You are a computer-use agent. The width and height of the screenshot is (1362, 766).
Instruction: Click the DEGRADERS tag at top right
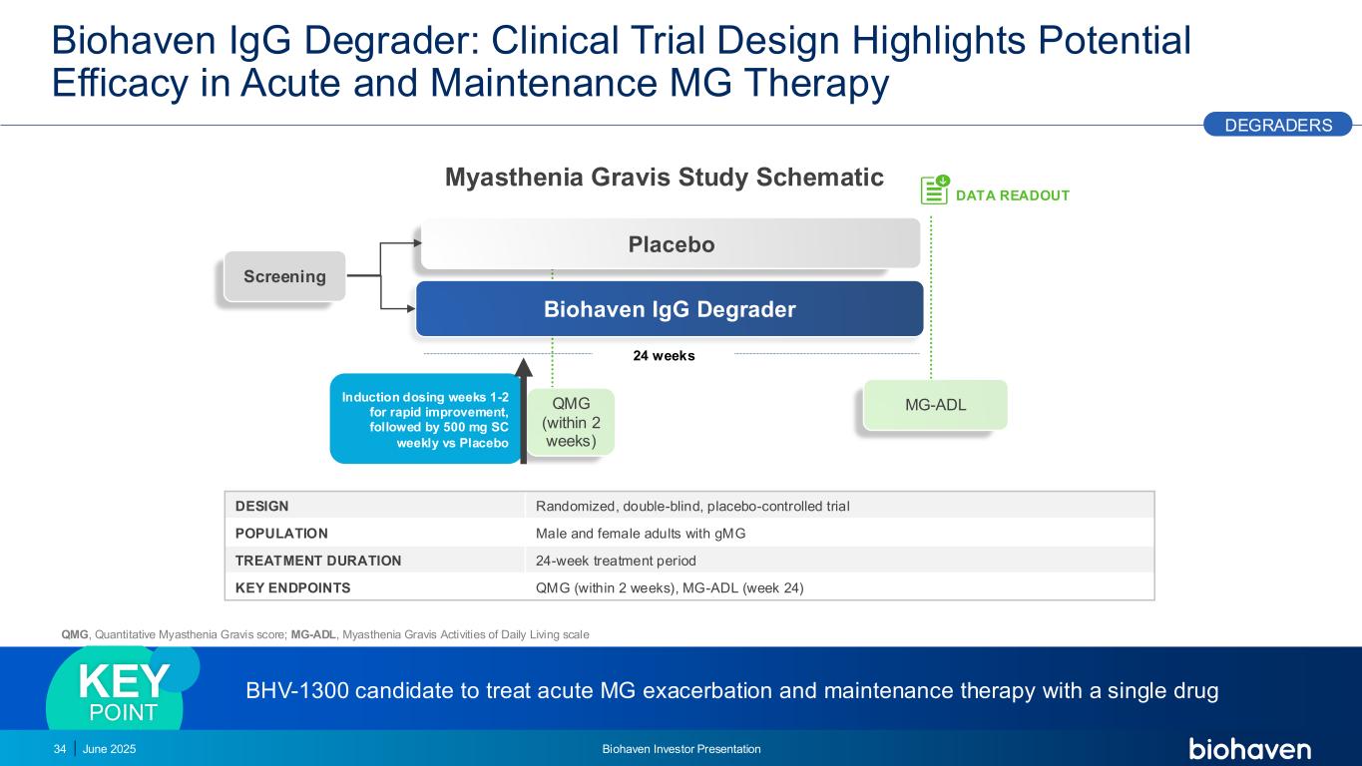(1277, 125)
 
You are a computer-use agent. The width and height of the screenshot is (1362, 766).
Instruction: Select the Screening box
(285, 276)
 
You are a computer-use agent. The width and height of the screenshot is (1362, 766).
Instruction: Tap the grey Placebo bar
(671, 244)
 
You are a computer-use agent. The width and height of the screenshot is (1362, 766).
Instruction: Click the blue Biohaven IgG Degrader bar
(670, 309)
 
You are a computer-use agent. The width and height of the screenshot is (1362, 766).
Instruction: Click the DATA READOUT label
(1013, 195)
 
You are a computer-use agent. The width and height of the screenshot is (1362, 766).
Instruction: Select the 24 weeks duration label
(664, 356)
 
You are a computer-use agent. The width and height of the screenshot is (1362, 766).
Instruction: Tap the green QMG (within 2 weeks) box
(571, 422)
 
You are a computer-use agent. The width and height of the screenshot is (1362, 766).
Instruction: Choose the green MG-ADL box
(935, 405)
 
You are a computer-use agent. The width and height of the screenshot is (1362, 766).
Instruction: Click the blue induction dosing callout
(426, 420)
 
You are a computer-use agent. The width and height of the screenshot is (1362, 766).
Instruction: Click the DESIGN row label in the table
(262, 506)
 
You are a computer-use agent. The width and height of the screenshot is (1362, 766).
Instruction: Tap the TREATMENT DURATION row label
(318, 561)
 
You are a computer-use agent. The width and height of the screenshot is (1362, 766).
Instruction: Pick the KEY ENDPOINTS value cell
(670, 587)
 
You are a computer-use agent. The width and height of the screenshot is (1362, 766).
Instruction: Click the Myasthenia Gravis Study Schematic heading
(665, 178)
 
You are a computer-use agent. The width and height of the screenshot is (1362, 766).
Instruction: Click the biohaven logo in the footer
(1249, 749)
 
